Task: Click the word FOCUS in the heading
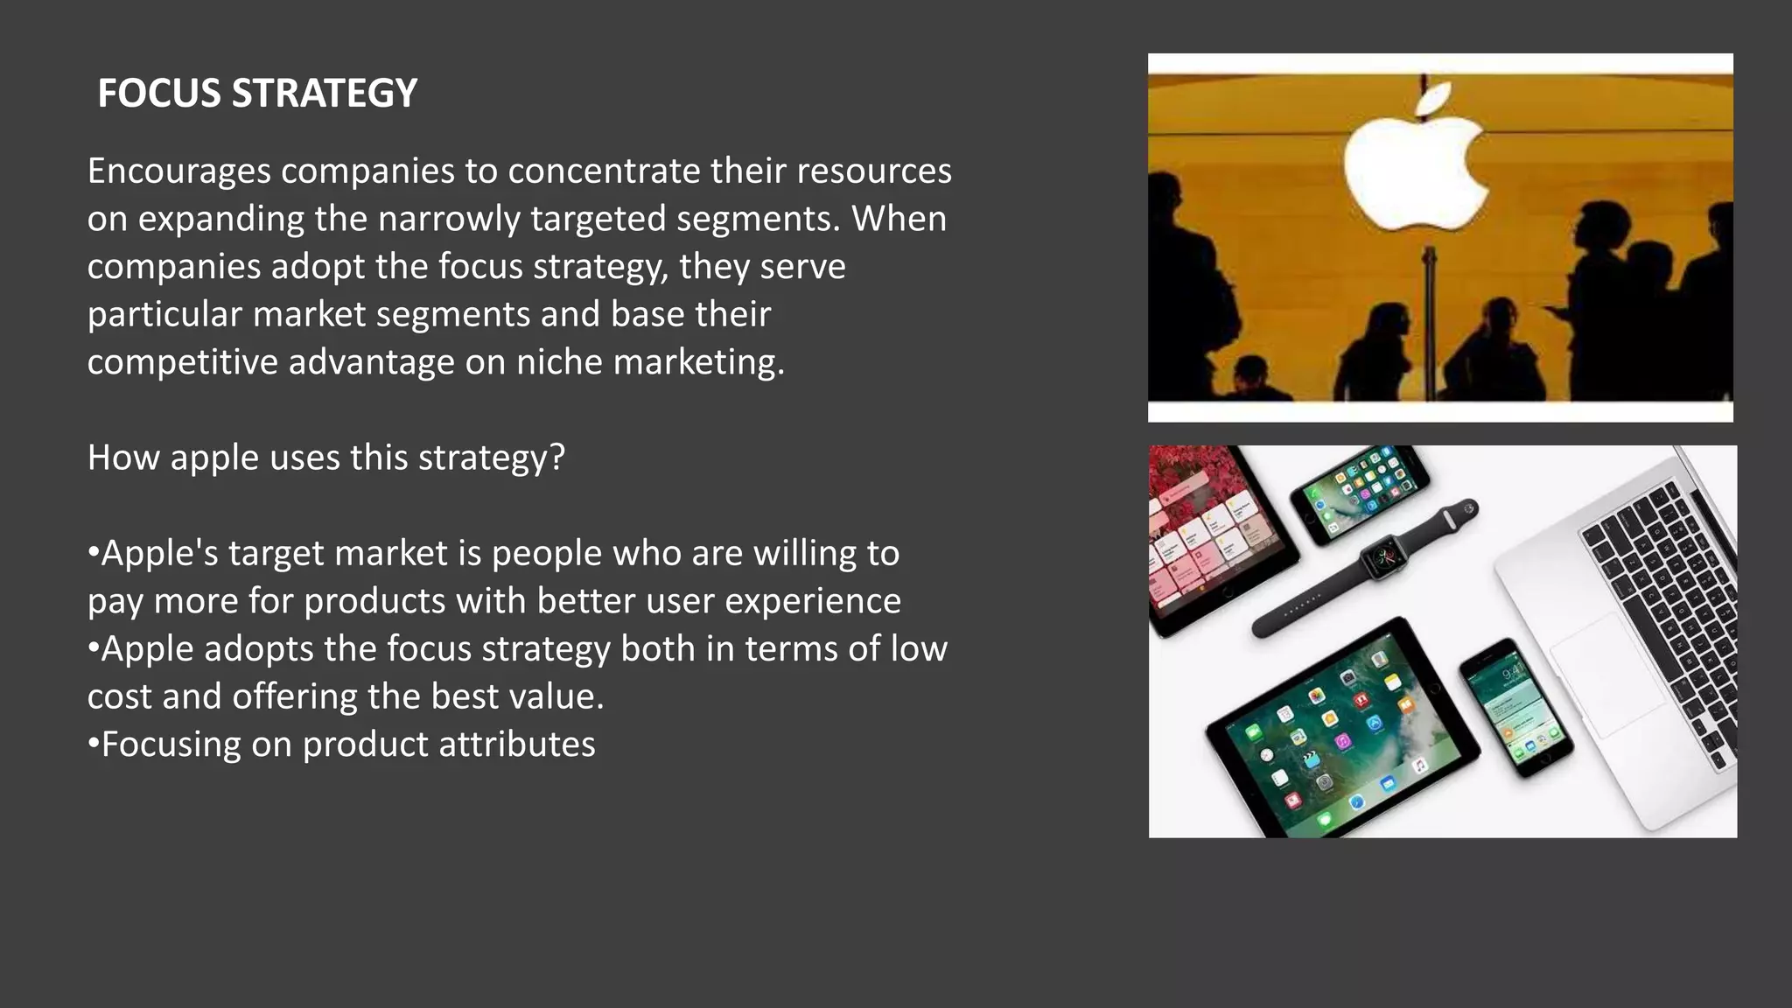point(159,94)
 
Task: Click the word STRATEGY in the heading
point(324,94)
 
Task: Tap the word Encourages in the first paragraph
point(179,171)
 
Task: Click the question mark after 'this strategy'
point(557,457)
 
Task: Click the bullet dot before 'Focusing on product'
point(93,745)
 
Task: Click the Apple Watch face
point(1383,557)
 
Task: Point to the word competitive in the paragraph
point(181,361)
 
